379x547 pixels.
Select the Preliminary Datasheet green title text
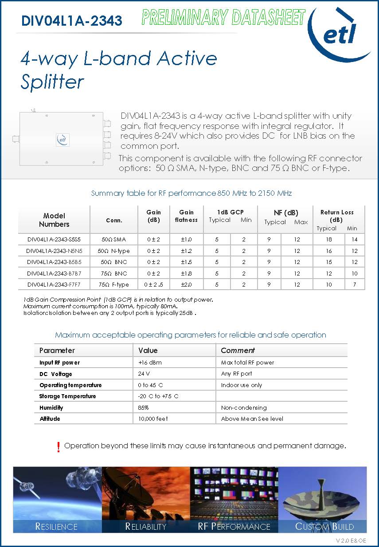coord(223,18)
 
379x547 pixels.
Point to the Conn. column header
coord(114,220)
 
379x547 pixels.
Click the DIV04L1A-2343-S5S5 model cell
coord(54,240)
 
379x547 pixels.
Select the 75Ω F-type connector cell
coord(114,284)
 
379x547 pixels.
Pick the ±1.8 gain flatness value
coord(186,273)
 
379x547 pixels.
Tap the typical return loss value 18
coord(328,240)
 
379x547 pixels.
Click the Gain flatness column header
coord(186,216)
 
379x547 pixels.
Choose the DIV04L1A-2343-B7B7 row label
coord(54,273)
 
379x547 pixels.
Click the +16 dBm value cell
coord(150,362)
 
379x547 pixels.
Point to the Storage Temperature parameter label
coord(67,396)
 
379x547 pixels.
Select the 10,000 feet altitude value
coord(153,419)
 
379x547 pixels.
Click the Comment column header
coord(238,350)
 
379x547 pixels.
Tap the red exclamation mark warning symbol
coord(59,447)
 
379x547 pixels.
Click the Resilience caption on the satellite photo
coord(56,527)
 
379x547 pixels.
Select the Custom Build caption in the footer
coord(324,527)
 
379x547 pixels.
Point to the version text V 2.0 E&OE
coord(351,540)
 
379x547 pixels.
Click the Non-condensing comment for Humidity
coord(244,407)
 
